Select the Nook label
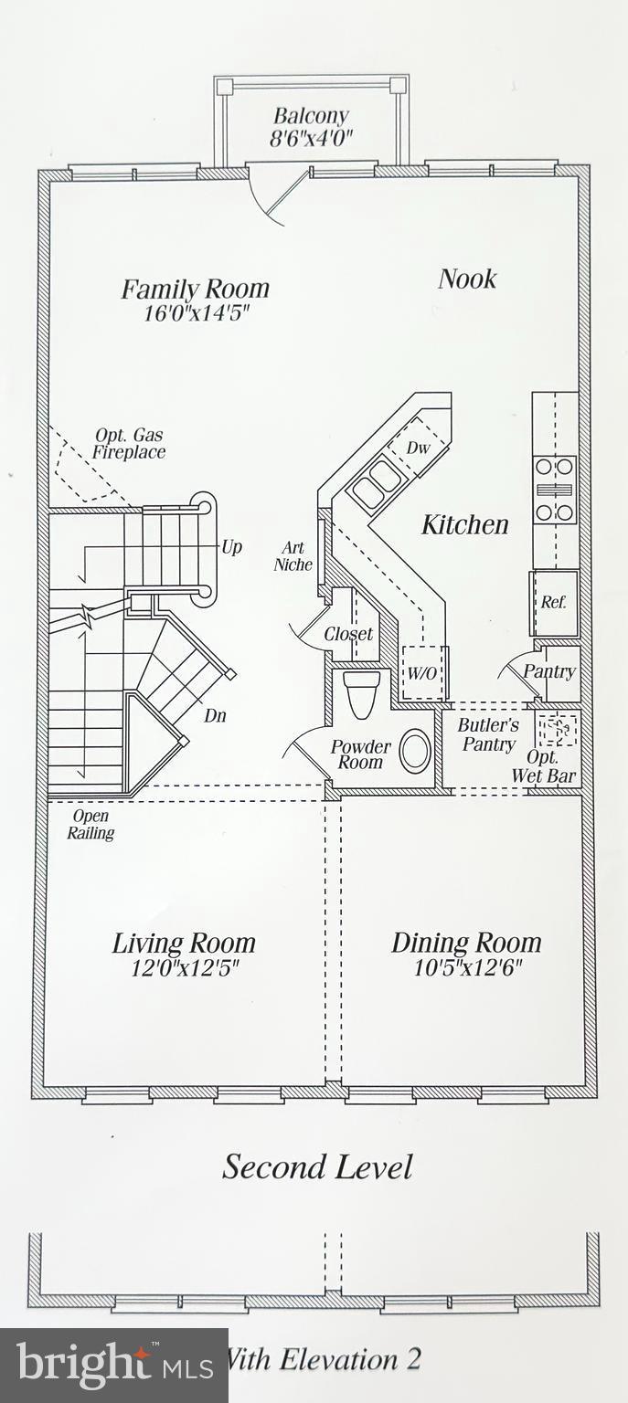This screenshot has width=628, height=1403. click(x=466, y=279)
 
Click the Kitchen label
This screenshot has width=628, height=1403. click(x=464, y=524)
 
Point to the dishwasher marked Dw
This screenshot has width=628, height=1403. click(x=418, y=448)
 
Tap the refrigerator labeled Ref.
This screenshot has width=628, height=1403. click(x=554, y=603)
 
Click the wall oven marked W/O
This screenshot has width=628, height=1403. click(x=421, y=674)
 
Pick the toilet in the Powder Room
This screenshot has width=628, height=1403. click(x=360, y=692)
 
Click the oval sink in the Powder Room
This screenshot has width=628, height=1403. click(x=415, y=751)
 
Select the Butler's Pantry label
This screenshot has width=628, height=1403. click(x=488, y=734)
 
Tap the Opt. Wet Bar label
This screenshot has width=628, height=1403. click(x=551, y=767)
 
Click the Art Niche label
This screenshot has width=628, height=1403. click(x=293, y=556)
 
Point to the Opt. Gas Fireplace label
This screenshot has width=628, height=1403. click(x=129, y=444)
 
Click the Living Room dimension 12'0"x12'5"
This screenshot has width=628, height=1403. click(x=185, y=968)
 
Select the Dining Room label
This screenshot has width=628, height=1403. click(x=466, y=943)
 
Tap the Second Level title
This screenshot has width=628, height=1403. click(x=317, y=1167)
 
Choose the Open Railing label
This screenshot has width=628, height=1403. click(x=90, y=824)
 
